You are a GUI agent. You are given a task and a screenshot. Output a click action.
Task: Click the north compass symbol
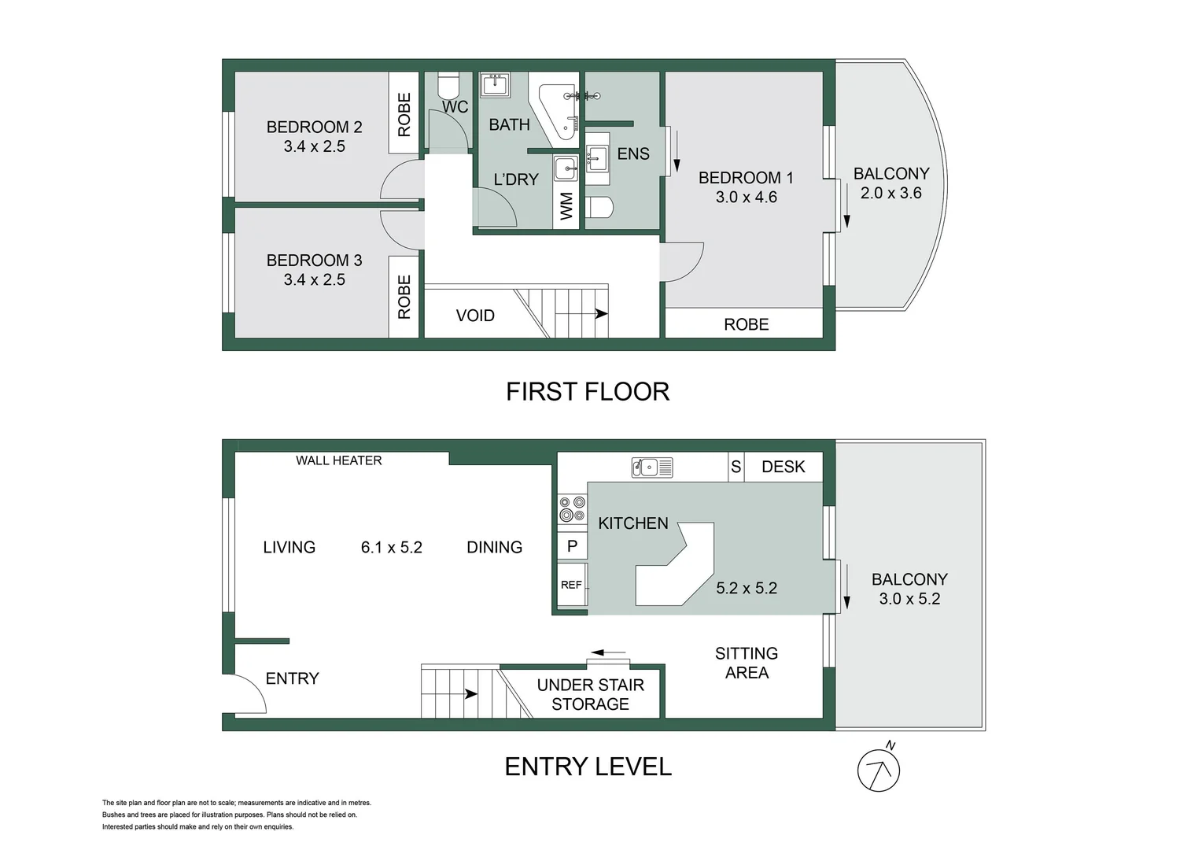(878, 770)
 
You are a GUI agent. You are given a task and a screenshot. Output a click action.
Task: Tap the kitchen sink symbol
(651, 468)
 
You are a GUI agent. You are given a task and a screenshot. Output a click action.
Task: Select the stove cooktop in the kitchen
(572, 508)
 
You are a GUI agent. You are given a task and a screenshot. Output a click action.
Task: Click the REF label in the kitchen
(571, 585)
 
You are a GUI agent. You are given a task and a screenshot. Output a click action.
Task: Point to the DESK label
(783, 467)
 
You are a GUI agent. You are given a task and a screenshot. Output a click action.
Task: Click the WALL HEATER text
(338, 460)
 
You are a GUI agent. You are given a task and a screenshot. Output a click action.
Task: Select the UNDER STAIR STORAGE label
(590, 694)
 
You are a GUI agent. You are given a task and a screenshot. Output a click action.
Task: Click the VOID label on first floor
(475, 316)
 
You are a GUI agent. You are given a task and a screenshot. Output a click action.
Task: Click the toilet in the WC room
(448, 84)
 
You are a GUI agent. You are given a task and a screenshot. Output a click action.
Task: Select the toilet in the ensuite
(599, 207)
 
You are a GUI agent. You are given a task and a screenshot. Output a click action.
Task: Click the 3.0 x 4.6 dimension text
(746, 198)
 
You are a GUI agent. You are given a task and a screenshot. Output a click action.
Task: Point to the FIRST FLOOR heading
(587, 391)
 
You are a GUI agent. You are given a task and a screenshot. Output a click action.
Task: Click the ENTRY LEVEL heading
(588, 767)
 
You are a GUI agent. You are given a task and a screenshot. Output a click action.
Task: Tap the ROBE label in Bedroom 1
(746, 324)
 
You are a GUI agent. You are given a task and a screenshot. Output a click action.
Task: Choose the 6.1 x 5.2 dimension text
(391, 547)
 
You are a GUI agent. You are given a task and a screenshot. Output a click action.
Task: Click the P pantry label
(572, 545)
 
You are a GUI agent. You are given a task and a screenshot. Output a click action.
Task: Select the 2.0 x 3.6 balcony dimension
(890, 194)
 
